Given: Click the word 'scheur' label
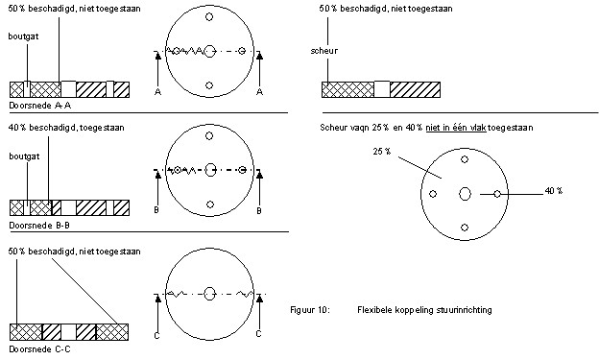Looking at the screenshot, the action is (323, 51).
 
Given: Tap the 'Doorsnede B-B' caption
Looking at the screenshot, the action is (39, 225).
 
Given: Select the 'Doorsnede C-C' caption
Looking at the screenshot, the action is (39, 348).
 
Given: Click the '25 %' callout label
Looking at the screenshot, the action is (382, 152).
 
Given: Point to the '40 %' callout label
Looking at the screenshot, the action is (554, 190).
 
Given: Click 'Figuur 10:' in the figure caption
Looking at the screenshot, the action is (309, 309).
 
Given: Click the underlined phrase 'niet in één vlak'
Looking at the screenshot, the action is (456, 128).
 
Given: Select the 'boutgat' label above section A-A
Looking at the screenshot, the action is (23, 36).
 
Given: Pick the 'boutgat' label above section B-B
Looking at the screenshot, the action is (24, 156).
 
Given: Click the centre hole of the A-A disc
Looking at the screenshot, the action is (209, 51).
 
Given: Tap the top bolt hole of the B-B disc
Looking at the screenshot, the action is (209, 135).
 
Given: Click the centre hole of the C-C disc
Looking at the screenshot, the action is (209, 294).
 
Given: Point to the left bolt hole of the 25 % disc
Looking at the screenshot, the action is (433, 194).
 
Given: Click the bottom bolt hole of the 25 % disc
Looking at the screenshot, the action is (465, 228).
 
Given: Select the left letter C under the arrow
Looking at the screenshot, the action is (156, 335).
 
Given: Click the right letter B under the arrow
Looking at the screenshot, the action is (259, 210).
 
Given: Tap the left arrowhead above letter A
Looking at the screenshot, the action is (157, 57).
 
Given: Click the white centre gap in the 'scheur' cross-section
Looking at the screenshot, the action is (382, 89).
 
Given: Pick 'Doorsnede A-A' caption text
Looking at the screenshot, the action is (40, 106).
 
